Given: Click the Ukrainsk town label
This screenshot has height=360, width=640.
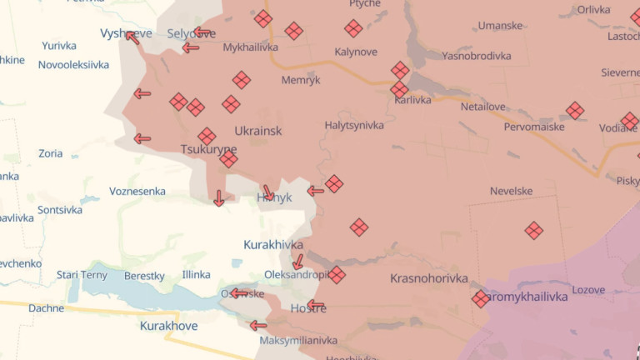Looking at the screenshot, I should [258, 131].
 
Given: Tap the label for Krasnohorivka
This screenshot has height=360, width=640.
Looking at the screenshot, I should [428, 278].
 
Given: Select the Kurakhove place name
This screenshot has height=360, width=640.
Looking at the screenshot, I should [169, 326].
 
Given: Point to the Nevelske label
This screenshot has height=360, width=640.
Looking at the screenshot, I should [511, 191].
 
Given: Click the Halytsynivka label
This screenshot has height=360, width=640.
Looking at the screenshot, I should [354, 125].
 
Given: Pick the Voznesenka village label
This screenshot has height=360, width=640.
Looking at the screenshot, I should [137, 191].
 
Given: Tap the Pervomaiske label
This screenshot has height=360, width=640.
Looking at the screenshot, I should [534, 127].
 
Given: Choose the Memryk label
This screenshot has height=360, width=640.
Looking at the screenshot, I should [301, 80].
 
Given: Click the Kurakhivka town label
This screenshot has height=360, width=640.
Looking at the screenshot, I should [273, 244].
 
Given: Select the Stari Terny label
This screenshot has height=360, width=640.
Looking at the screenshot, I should [82, 274].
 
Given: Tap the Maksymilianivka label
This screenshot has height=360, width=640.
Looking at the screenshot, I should [298, 340].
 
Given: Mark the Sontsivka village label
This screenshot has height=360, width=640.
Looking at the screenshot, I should [60, 210].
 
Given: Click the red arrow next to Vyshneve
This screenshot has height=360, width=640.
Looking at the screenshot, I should [132, 37].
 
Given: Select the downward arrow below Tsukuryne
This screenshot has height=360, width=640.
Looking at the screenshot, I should [218, 197].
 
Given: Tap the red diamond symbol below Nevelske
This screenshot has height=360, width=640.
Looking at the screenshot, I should [533, 230].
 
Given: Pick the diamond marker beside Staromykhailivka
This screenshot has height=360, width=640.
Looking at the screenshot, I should [481, 298].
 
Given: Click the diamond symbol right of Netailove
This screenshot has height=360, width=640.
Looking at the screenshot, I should [575, 110].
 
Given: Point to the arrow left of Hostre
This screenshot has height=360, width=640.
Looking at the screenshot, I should [314, 306].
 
